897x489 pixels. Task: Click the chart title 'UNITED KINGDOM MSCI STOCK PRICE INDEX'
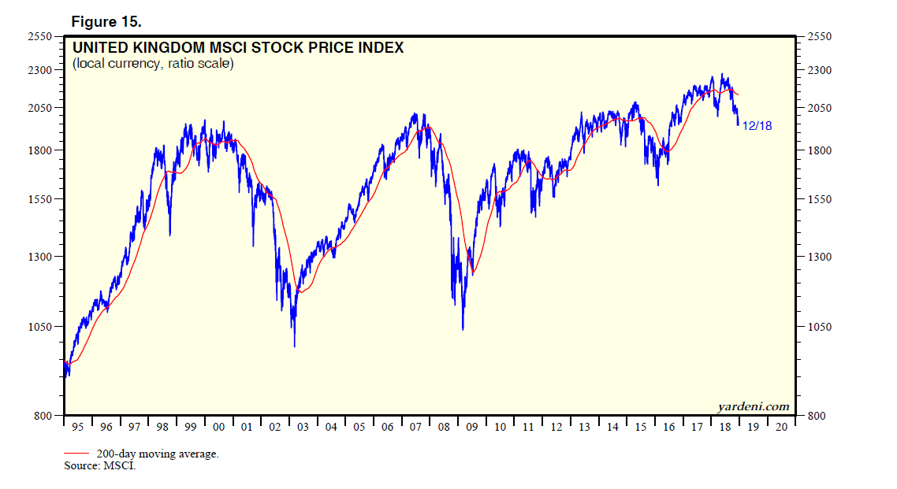[x=238, y=48]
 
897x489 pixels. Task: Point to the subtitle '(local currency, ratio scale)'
[x=153, y=64]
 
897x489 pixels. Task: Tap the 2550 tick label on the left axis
[x=39, y=37]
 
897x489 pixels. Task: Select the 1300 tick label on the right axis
[x=821, y=257]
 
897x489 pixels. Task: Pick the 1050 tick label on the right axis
[x=821, y=327]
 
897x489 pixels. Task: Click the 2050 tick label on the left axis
[x=39, y=108]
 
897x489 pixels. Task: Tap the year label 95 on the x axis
[x=77, y=427]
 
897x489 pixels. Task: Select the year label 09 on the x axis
[x=472, y=427]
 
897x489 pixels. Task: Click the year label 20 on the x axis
[x=782, y=427]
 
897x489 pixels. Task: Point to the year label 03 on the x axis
[x=303, y=427]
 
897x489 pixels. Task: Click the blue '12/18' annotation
[x=757, y=126]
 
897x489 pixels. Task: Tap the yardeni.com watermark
[x=753, y=406]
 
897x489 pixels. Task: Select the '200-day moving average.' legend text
[x=158, y=454]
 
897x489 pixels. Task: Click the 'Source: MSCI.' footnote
[x=100, y=466]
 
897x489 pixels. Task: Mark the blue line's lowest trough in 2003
[x=294, y=346]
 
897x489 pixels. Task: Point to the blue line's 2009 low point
[x=463, y=329]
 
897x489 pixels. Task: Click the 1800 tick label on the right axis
[x=821, y=150]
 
